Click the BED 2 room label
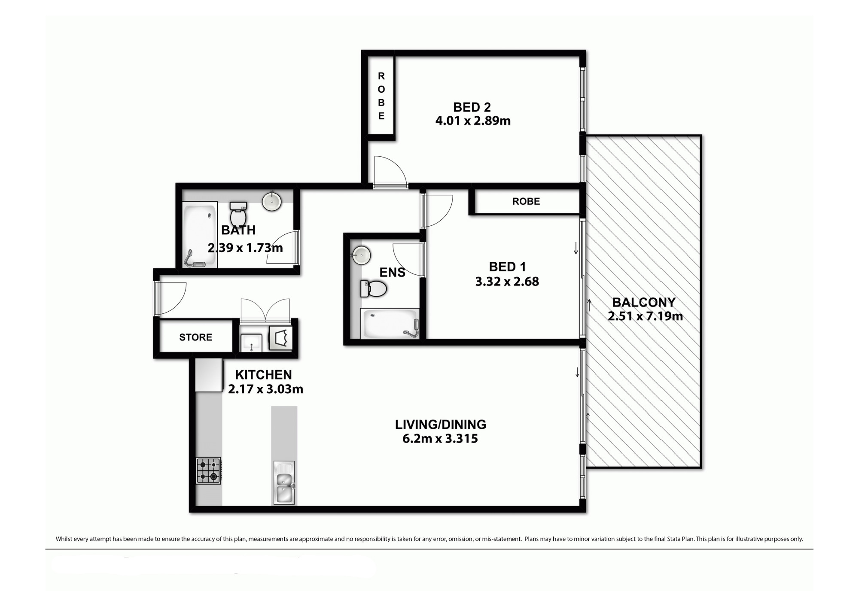coord(472,107)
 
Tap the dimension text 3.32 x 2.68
coord(507,282)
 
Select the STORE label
coord(196,337)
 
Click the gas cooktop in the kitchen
coord(209,470)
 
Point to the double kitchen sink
coord(284,483)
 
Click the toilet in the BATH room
coord(238,213)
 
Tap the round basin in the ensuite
coord(361,256)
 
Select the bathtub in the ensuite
coord(390,324)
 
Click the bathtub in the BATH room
coord(200,235)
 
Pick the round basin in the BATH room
coord(272,201)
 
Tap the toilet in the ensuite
coord(373,289)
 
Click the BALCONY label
coord(644,303)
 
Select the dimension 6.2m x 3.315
coord(440,439)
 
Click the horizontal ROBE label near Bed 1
coord(526,201)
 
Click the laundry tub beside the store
coord(251,343)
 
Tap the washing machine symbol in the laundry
coord(280,338)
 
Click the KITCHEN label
coord(263,375)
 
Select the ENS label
coord(392,273)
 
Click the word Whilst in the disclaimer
coord(64,539)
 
